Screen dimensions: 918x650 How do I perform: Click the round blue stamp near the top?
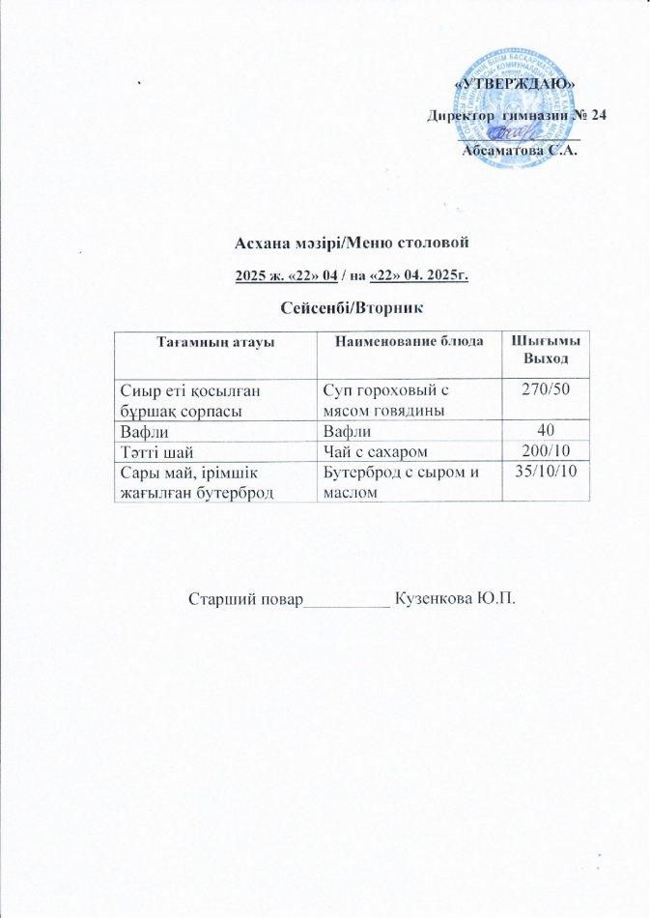510,100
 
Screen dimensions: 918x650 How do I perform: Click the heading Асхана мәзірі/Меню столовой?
352,245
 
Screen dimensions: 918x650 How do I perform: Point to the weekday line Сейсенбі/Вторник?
352,306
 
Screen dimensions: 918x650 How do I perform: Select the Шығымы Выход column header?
545,352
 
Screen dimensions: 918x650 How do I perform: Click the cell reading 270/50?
545,389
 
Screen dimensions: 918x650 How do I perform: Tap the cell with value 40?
545,430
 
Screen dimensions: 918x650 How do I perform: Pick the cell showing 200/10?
545,450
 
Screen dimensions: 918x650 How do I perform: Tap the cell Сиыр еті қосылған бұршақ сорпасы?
189,398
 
